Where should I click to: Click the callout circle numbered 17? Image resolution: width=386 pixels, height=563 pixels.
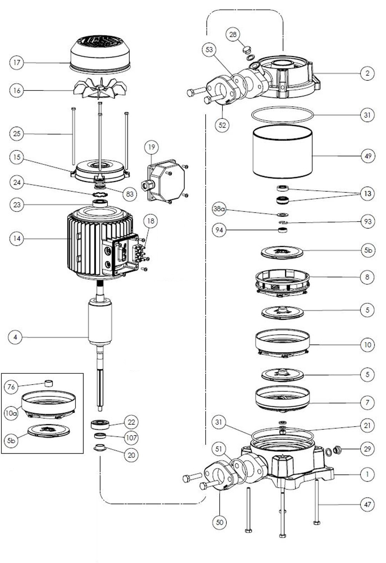[x=16, y=63]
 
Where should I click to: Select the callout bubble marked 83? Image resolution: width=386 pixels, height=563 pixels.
[x=130, y=194]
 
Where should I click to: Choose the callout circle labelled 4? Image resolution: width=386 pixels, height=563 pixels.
[x=15, y=337]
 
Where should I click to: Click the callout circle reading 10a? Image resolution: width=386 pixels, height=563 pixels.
[x=11, y=413]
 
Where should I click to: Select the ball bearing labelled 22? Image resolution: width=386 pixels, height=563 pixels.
[x=100, y=424]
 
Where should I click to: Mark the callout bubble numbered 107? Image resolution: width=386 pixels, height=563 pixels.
[x=131, y=437]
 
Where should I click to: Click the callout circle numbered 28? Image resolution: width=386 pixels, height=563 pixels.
[x=233, y=34]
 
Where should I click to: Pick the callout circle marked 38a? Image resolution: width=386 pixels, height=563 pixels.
[x=219, y=209]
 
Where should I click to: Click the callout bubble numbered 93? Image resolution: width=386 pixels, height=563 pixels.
[x=367, y=222]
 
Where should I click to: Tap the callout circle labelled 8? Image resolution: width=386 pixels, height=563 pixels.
[x=367, y=277]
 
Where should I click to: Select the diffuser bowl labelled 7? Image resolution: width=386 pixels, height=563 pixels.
[x=283, y=399]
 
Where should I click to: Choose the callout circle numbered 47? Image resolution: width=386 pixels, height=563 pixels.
[x=367, y=504]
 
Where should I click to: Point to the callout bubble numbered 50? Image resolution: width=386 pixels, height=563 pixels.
[x=220, y=522]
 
